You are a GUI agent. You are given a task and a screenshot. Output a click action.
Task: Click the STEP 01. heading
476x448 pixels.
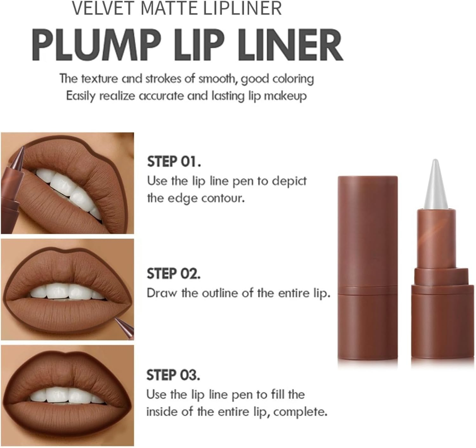point(174,162)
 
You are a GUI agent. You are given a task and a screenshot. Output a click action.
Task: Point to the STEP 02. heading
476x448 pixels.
point(174,274)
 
